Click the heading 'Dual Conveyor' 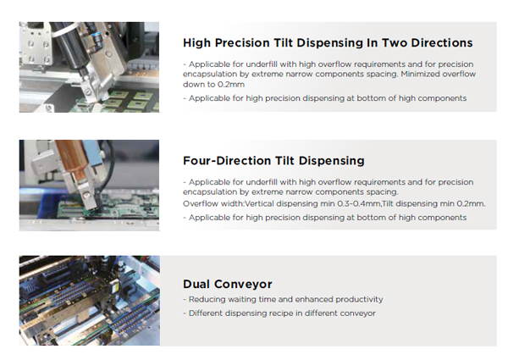[x=226, y=284]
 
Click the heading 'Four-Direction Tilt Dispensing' [x=273, y=160]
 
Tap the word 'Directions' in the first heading [x=439, y=42]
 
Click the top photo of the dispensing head [x=89, y=67]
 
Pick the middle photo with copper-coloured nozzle [x=89, y=186]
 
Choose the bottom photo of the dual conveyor [x=89, y=300]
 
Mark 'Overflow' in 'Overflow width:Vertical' [x=201, y=203]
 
